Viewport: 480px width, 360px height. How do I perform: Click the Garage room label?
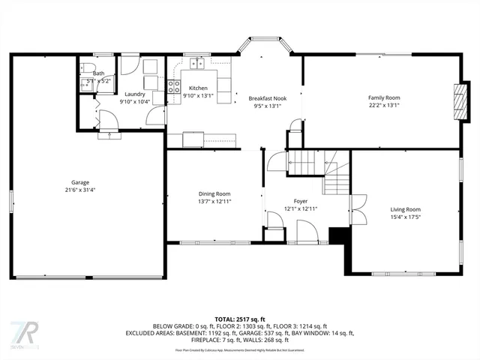80,182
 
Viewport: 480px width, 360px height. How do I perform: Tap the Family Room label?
383,97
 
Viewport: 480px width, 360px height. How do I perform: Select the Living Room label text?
405,209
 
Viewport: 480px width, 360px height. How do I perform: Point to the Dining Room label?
214,193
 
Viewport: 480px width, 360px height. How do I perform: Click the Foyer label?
300,201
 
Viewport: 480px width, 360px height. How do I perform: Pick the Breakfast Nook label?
267,98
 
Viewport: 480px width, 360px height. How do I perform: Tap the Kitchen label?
198,88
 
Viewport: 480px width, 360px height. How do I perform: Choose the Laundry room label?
135,94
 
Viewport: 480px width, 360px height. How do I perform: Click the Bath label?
99,73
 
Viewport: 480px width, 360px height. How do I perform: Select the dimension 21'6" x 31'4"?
80,190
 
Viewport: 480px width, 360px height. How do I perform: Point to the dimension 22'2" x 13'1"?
383,105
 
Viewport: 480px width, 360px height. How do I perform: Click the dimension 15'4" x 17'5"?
405,217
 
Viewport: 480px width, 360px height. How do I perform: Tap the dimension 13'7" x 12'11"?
214,201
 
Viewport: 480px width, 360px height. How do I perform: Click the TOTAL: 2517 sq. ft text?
239,319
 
